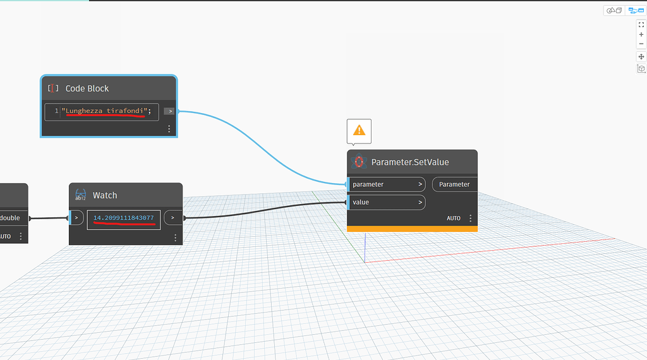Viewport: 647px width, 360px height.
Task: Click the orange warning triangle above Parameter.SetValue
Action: pos(359,130)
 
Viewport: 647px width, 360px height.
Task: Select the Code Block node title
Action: pos(87,88)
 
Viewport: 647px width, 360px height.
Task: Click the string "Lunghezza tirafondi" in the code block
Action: pos(104,111)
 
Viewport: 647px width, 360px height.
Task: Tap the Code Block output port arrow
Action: pos(169,111)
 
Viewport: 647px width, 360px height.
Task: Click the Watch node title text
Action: pos(105,195)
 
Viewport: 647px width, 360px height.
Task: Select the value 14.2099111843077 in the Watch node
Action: pos(124,218)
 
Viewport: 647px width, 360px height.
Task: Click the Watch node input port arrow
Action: pos(76,218)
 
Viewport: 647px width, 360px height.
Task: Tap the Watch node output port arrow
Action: pos(172,218)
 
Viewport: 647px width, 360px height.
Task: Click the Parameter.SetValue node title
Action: pos(410,162)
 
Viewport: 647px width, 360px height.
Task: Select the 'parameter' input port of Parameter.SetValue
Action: pos(385,184)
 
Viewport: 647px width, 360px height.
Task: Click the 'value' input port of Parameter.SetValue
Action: pos(385,202)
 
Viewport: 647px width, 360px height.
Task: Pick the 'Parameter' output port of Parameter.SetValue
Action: pos(454,184)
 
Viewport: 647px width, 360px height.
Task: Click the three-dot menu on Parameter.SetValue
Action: pos(471,218)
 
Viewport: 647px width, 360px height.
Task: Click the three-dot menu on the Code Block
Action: pos(169,129)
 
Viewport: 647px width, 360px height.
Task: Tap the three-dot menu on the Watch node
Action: pos(175,237)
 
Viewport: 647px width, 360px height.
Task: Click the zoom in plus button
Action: pos(641,35)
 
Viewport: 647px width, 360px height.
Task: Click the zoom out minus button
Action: pos(641,44)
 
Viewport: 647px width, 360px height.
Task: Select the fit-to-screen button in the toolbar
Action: pos(641,25)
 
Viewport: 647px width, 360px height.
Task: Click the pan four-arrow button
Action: pos(641,57)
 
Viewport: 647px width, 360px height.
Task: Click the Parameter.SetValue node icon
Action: pos(360,162)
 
